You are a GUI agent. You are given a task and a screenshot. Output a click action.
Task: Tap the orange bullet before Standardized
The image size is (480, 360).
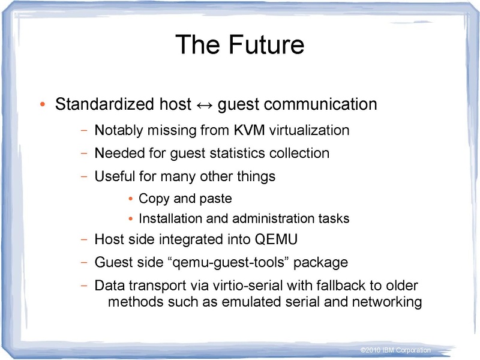click(42, 106)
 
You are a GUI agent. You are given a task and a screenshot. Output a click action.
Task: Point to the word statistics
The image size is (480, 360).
click(238, 153)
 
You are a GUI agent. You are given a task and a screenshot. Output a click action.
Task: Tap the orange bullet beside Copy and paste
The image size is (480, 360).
click(132, 199)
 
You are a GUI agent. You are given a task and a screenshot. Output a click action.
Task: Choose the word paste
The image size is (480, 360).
click(215, 198)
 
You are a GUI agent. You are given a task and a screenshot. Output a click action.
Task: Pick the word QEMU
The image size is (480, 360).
click(277, 239)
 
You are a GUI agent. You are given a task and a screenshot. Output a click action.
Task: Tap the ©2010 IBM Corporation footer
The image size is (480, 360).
click(395, 350)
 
